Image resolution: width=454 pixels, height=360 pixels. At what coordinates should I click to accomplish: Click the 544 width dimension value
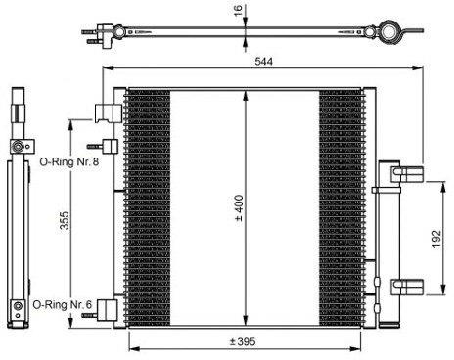point(263,61)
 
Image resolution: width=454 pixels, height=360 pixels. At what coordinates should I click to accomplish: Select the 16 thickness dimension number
point(239,10)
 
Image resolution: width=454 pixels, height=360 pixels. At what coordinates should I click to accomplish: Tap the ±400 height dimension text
point(239,208)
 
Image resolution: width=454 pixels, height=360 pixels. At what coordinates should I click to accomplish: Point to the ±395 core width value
point(243,341)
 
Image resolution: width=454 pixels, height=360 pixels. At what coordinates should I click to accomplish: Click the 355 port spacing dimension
point(65,220)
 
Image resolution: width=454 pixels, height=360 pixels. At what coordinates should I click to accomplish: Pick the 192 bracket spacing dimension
point(436,239)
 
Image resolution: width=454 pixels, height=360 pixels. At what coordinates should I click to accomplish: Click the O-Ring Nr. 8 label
point(69,161)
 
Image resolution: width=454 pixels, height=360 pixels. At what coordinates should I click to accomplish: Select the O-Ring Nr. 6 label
point(63,305)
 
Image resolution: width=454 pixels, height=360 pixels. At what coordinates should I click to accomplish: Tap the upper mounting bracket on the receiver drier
point(407,174)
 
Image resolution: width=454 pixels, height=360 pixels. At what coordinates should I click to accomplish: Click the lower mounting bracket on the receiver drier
point(407,287)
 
